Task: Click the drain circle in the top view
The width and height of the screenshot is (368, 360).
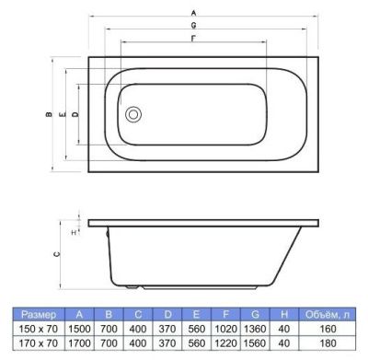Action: point(133,114)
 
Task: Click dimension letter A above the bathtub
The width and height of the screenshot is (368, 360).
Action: point(193,13)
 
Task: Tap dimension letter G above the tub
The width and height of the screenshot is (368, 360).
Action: point(193,25)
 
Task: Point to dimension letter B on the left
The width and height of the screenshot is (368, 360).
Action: point(49,115)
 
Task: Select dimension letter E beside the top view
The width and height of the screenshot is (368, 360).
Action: point(63,115)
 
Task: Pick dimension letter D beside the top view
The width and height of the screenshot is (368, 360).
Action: point(75,114)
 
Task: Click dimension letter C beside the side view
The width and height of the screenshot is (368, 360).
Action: point(56,254)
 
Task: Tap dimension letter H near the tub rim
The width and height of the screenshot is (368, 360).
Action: point(74,233)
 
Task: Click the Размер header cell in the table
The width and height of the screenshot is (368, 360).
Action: point(39,315)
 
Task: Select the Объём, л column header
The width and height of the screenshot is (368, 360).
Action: point(327,315)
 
